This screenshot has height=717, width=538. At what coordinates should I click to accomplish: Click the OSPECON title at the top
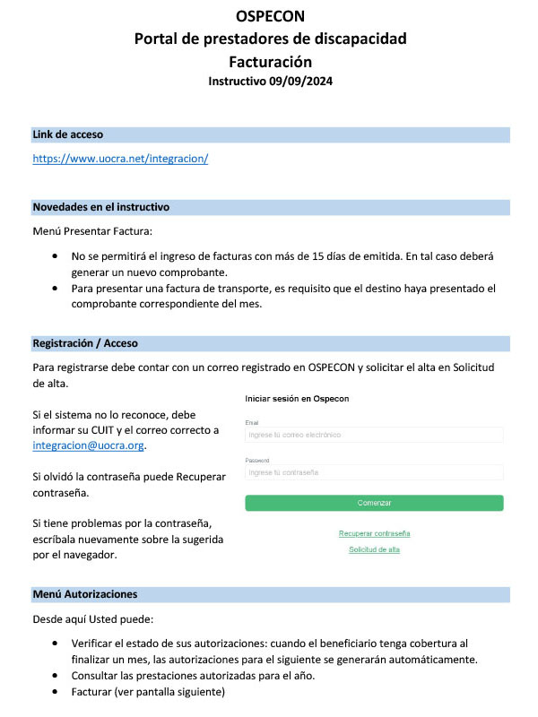pyautogui.click(x=269, y=16)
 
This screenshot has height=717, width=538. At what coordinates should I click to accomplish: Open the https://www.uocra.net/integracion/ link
pyautogui.click(x=120, y=159)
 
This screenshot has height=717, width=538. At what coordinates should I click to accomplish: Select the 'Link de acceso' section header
pyautogui.click(x=68, y=134)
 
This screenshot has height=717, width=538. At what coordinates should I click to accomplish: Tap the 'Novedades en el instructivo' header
pyautogui.click(x=101, y=207)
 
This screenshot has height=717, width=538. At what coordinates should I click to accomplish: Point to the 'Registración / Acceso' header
pyautogui.click(x=85, y=343)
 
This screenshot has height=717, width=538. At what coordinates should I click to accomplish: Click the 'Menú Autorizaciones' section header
pyautogui.click(x=85, y=594)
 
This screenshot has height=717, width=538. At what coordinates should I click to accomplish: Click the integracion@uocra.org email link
pyautogui.click(x=88, y=445)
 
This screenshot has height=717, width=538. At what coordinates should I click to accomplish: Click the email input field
pyautogui.click(x=374, y=435)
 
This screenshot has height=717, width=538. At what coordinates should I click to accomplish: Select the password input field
pyautogui.click(x=374, y=472)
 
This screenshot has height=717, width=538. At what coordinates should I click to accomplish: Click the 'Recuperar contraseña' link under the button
pyautogui.click(x=374, y=533)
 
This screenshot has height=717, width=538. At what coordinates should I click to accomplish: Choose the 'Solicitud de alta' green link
pyautogui.click(x=374, y=549)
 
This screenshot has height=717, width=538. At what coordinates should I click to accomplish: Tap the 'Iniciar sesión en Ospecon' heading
pyautogui.click(x=297, y=397)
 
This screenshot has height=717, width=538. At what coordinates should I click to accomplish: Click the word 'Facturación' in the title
pyautogui.click(x=269, y=61)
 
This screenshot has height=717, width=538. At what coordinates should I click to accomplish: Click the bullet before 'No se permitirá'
pyautogui.click(x=57, y=256)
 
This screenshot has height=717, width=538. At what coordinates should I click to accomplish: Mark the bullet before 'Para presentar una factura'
pyautogui.click(x=57, y=288)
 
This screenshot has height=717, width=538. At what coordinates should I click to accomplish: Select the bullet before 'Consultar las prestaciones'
pyautogui.click(x=57, y=676)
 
